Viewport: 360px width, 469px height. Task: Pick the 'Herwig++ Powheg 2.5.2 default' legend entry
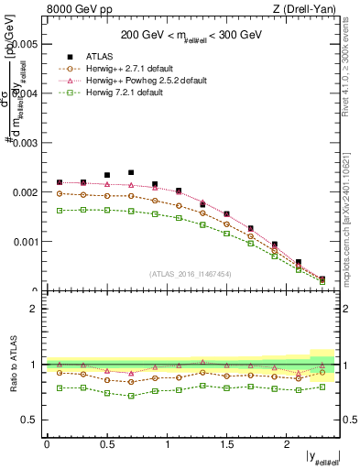147,81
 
